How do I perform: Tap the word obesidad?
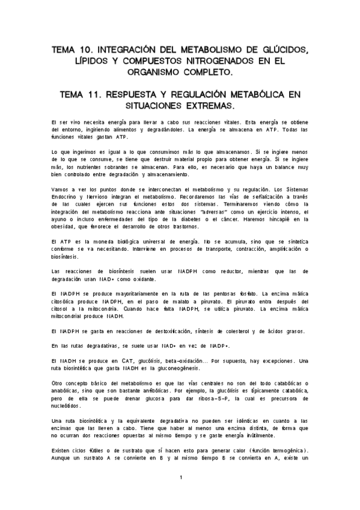[x=67, y=226]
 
